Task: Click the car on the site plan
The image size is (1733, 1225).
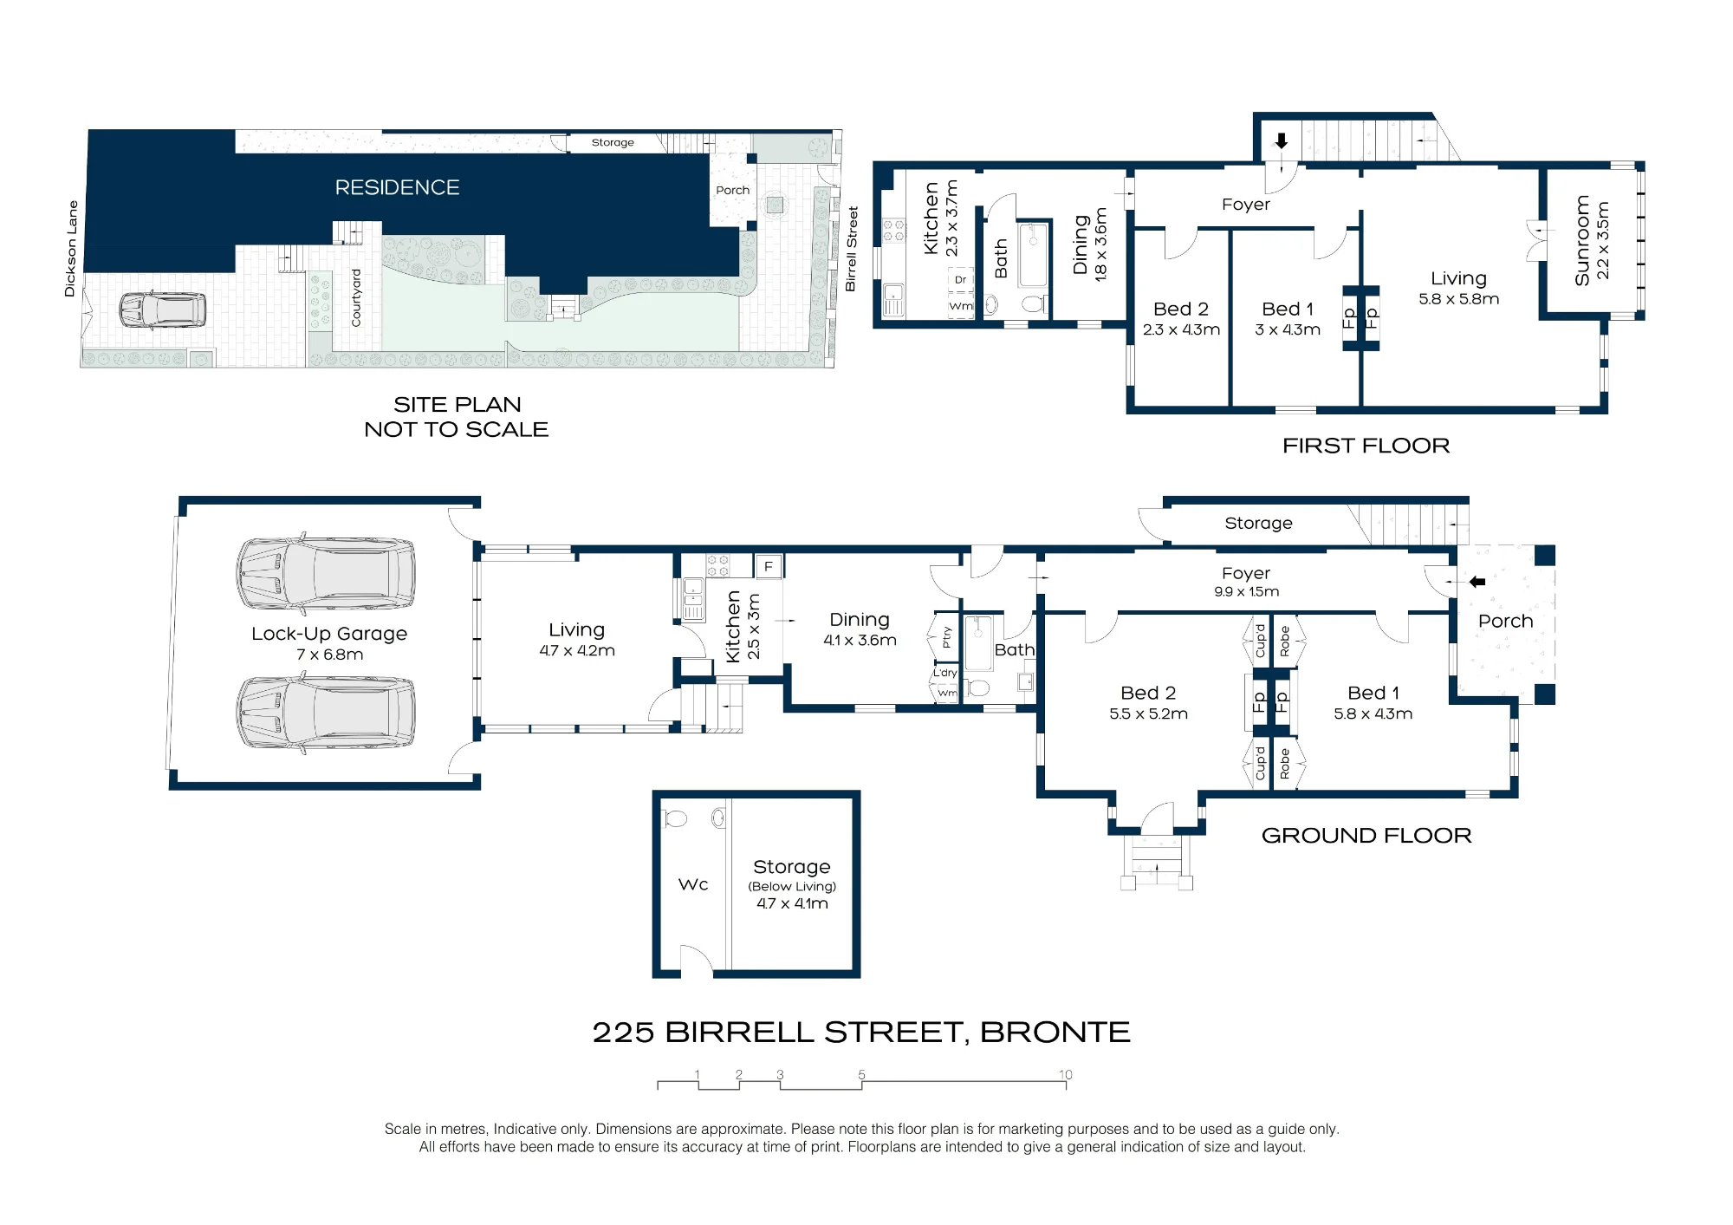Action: pyautogui.click(x=162, y=310)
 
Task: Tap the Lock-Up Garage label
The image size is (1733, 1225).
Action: pyautogui.click(x=329, y=634)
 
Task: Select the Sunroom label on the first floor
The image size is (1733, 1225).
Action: pyautogui.click(x=1582, y=240)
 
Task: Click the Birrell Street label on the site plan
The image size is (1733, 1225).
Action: pyautogui.click(x=851, y=248)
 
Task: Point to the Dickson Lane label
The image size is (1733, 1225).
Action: pyautogui.click(x=71, y=249)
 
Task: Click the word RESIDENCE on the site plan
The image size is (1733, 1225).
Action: pyautogui.click(x=397, y=187)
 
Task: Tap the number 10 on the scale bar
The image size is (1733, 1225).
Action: pyautogui.click(x=1065, y=1074)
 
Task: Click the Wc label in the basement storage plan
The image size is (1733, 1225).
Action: pyautogui.click(x=693, y=884)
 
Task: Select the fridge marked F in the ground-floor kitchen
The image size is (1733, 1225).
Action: pyautogui.click(x=768, y=567)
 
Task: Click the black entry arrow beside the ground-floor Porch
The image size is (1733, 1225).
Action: pyautogui.click(x=1477, y=582)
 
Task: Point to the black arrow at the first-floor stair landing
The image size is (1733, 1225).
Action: pyautogui.click(x=1282, y=141)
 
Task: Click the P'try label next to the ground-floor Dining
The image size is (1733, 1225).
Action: pyautogui.click(x=947, y=637)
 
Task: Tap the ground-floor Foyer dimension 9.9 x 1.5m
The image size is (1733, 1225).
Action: pyautogui.click(x=1246, y=591)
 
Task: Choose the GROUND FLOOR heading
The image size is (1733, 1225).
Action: pyautogui.click(x=1366, y=835)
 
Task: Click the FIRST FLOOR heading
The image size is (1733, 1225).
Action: pyautogui.click(x=1366, y=446)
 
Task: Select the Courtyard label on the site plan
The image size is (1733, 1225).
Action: pyautogui.click(x=355, y=298)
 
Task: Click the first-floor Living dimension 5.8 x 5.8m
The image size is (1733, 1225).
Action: pyautogui.click(x=1458, y=299)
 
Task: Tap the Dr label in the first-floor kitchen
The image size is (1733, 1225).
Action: pyautogui.click(x=960, y=280)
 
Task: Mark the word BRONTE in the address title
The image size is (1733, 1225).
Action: pyautogui.click(x=1055, y=1032)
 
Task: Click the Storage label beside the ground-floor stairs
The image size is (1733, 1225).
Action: pyautogui.click(x=1258, y=523)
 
